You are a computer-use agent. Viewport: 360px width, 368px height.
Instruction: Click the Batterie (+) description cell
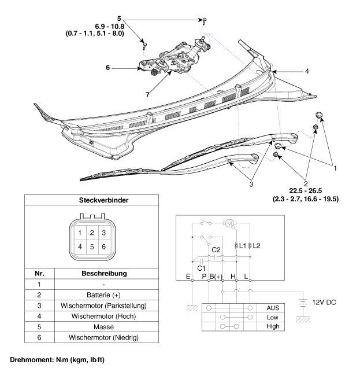point(101,294)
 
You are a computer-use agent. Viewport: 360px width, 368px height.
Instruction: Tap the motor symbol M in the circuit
point(228,223)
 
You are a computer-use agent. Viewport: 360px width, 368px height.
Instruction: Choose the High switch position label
point(273,326)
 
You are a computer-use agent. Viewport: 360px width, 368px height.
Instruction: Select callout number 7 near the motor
point(149,93)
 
